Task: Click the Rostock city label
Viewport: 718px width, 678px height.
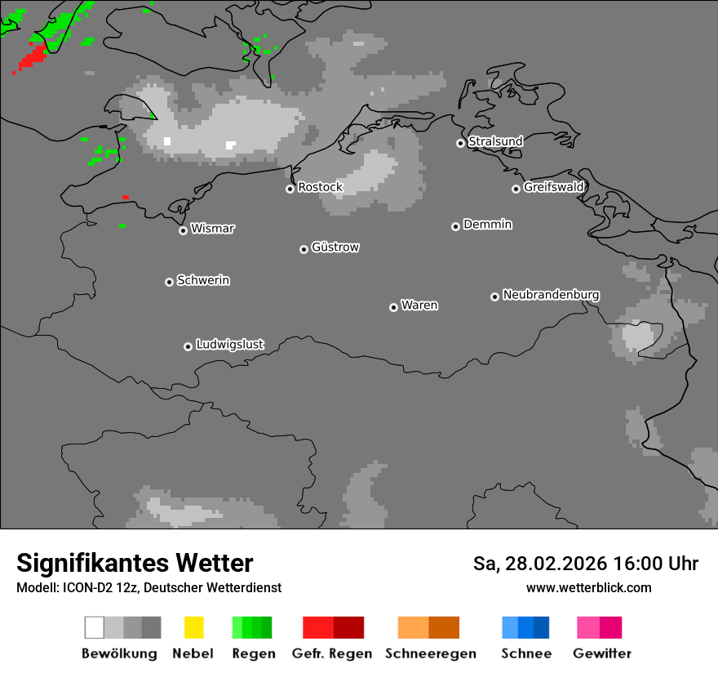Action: click(320, 187)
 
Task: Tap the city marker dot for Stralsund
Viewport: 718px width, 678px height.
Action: click(461, 143)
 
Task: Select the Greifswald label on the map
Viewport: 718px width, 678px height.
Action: click(554, 187)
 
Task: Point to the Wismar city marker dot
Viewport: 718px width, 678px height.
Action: click(183, 230)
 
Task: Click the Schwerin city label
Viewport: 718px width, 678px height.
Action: click(203, 280)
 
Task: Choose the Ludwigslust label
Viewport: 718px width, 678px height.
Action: click(229, 345)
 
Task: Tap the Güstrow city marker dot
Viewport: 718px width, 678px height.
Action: click(304, 249)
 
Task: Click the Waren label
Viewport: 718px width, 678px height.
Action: click(419, 306)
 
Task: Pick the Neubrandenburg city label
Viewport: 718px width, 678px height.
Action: click(551, 295)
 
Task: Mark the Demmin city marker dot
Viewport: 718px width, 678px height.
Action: click(455, 226)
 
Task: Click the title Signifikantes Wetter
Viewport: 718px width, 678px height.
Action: click(135, 563)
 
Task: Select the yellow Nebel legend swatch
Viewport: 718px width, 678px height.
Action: click(193, 627)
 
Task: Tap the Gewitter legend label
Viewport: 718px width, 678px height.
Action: click(602, 653)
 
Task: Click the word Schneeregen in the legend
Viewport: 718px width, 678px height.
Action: click(431, 653)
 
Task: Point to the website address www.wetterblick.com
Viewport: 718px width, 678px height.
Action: click(588, 587)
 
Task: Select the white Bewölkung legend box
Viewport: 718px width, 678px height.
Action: click(94, 627)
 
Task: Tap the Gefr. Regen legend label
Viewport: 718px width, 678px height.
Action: click(332, 653)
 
